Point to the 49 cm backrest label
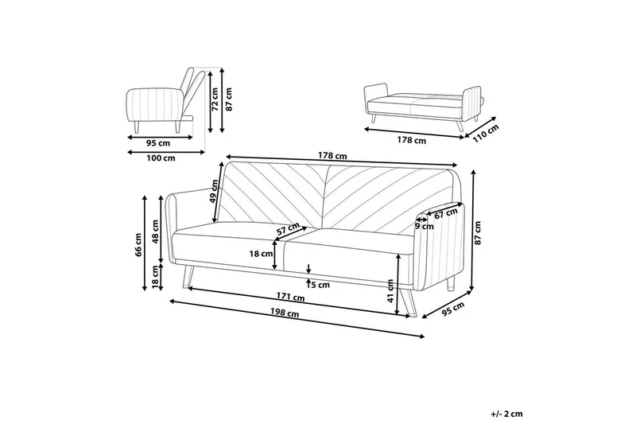point(215,191)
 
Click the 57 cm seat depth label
point(288,231)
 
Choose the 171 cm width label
point(291,298)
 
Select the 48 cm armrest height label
point(156,231)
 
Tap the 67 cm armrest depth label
point(447,213)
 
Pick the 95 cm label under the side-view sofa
point(158,143)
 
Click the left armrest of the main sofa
point(178,231)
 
